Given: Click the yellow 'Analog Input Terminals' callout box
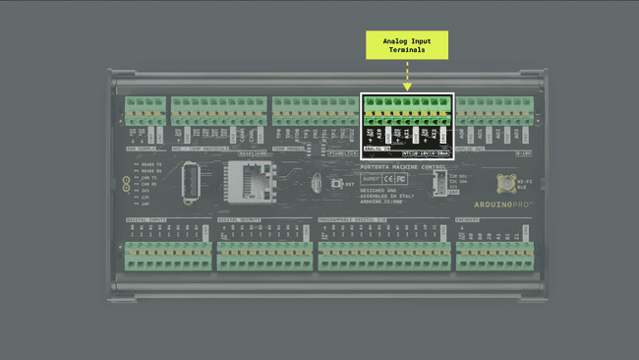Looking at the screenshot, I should (407, 44).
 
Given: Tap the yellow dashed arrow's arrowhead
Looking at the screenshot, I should (407, 88).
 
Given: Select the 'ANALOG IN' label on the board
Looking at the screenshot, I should (378, 150).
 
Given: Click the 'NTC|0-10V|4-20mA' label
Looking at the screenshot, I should (427, 153).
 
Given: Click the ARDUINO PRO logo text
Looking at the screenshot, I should (505, 204).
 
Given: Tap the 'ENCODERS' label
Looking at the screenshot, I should (468, 219).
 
